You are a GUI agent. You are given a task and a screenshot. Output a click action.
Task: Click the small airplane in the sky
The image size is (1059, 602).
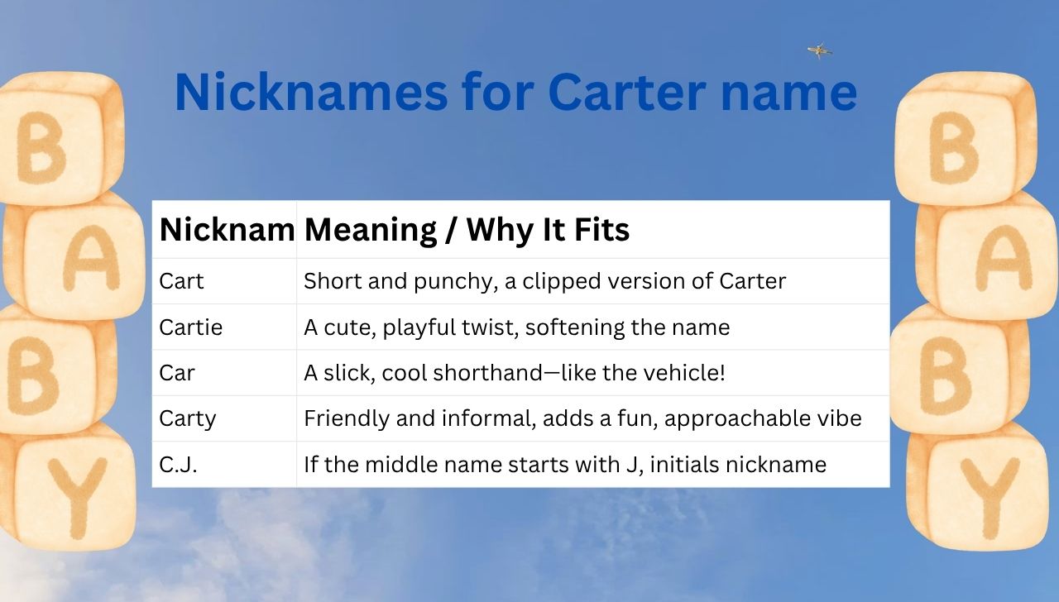click(819, 51)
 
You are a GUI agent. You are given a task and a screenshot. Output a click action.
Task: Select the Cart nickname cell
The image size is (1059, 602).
click(181, 281)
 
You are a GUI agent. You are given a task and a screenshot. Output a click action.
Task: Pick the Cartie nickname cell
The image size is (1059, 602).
click(190, 327)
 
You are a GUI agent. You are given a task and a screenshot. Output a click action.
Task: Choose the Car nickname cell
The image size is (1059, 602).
click(177, 373)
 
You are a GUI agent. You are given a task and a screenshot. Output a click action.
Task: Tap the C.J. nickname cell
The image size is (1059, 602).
click(178, 465)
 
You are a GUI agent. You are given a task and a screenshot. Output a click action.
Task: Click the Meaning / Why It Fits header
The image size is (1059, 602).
click(467, 230)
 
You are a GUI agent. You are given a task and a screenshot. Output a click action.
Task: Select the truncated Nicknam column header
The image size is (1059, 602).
click(226, 230)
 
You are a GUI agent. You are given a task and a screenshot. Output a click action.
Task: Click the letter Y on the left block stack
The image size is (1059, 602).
click(76, 496)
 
